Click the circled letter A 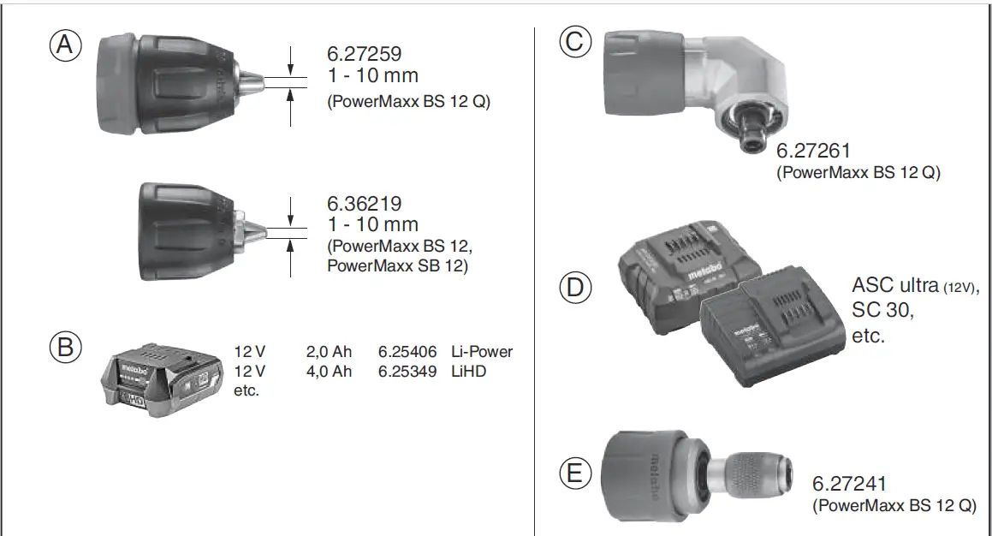(64, 45)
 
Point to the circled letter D (575, 287)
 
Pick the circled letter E (575, 473)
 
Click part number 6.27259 (365, 53)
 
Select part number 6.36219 (365, 205)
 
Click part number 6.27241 (850, 484)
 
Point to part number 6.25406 (407, 352)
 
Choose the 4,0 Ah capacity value (329, 371)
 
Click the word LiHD (468, 371)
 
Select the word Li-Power (482, 352)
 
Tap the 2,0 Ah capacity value (329, 352)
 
